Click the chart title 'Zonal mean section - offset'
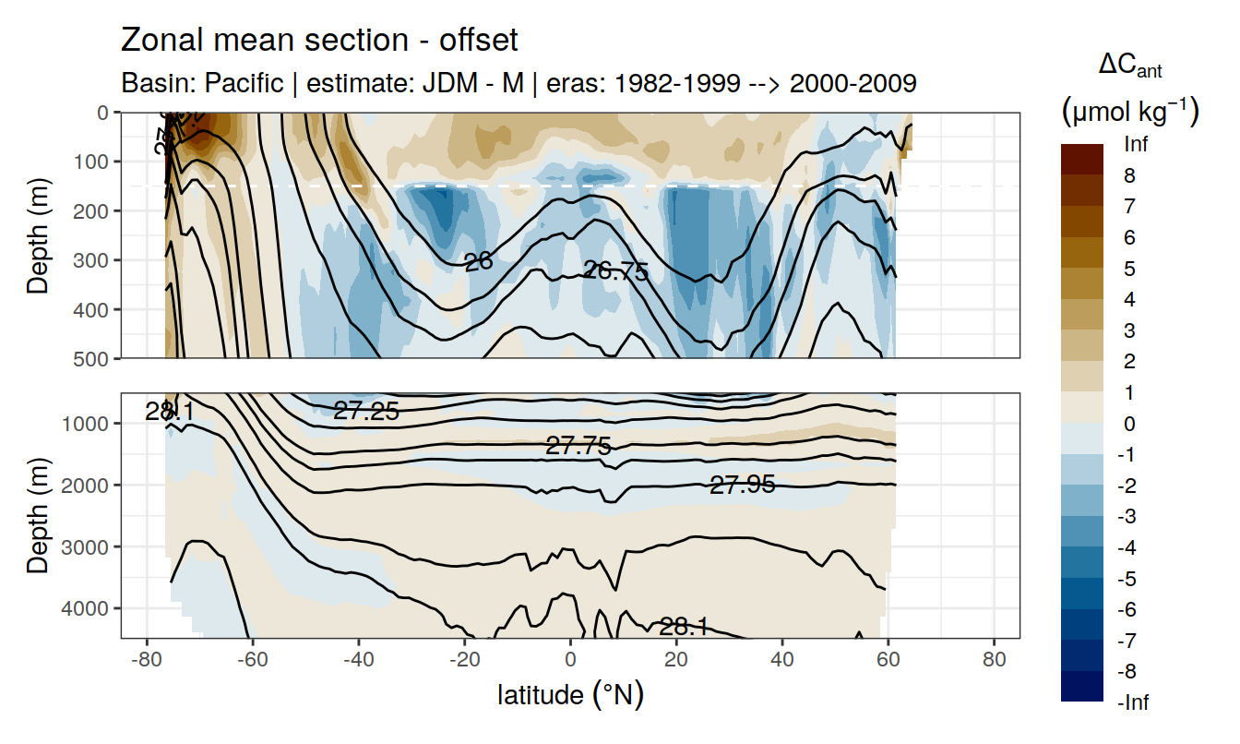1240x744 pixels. (x=319, y=41)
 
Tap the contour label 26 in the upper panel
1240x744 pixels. (x=478, y=262)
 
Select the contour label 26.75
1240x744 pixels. (x=615, y=271)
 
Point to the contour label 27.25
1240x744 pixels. (x=366, y=412)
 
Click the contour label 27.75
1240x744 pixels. (x=578, y=447)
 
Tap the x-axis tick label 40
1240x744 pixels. (x=782, y=662)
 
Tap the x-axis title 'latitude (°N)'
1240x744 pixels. (x=570, y=694)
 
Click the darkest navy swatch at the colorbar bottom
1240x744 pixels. (x=1081, y=687)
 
